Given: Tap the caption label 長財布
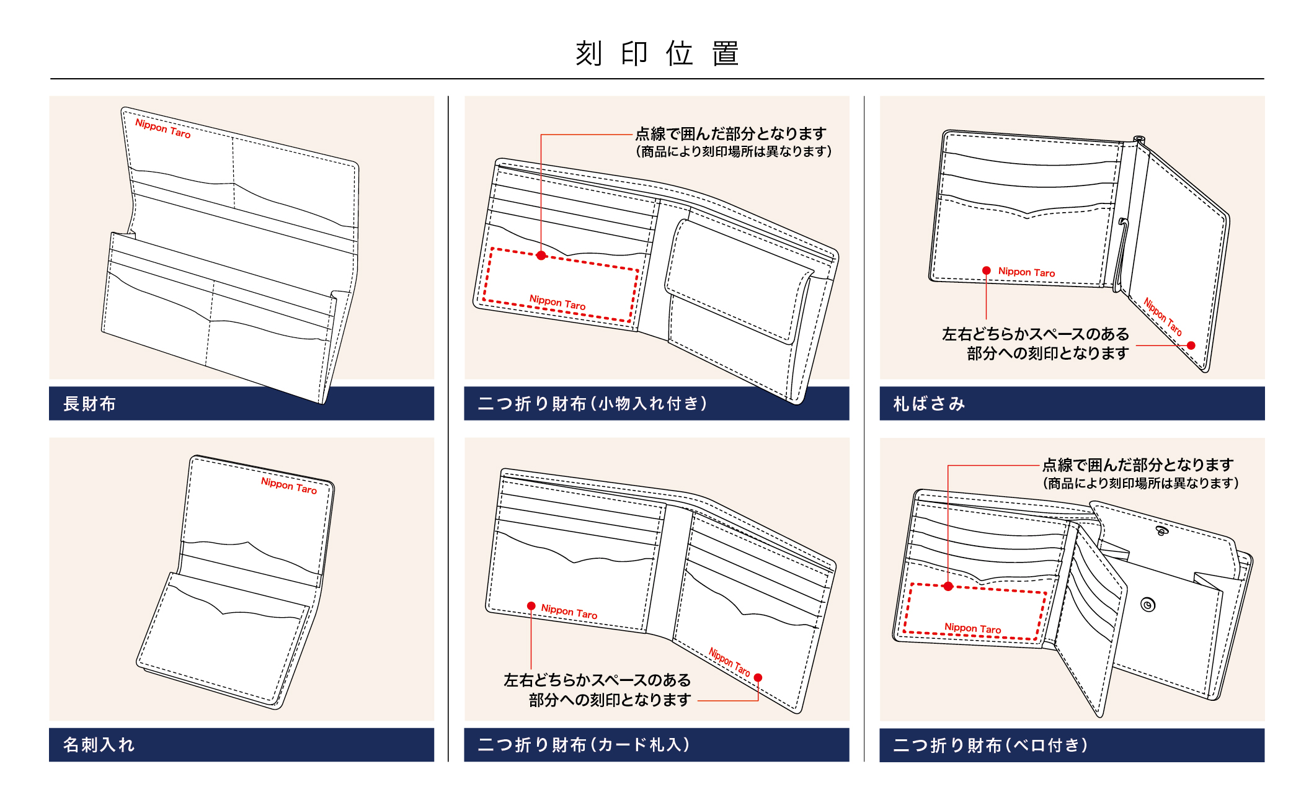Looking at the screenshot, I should [x=89, y=404].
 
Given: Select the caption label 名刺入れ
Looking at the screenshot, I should [x=99, y=745].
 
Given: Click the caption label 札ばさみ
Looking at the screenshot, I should [x=929, y=404].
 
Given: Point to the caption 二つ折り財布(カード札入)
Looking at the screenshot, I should [x=584, y=745].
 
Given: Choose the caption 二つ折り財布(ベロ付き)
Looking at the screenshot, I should [x=990, y=745].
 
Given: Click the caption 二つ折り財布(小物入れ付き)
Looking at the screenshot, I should [x=592, y=404].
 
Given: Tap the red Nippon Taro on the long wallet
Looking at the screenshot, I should [x=162, y=128].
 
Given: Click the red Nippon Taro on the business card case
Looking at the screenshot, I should [x=288, y=485].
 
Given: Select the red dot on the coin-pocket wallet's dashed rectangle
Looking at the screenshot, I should [x=541, y=256].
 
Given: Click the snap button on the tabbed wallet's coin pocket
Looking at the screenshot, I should [x=1148, y=605].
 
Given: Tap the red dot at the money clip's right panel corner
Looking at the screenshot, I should [x=1191, y=345].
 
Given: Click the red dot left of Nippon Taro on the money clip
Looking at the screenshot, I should [x=986, y=270].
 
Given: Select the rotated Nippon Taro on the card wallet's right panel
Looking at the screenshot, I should [x=729, y=662].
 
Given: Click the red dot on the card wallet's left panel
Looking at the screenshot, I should [x=531, y=606].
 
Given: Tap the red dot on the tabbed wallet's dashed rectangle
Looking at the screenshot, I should [x=948, y=586].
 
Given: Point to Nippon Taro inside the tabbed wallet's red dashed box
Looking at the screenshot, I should [x=972, y=628].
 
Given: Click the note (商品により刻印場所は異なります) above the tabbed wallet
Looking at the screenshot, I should [x=1140, y=483].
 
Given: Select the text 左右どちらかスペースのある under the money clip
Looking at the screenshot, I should [x=1035, y=334].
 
